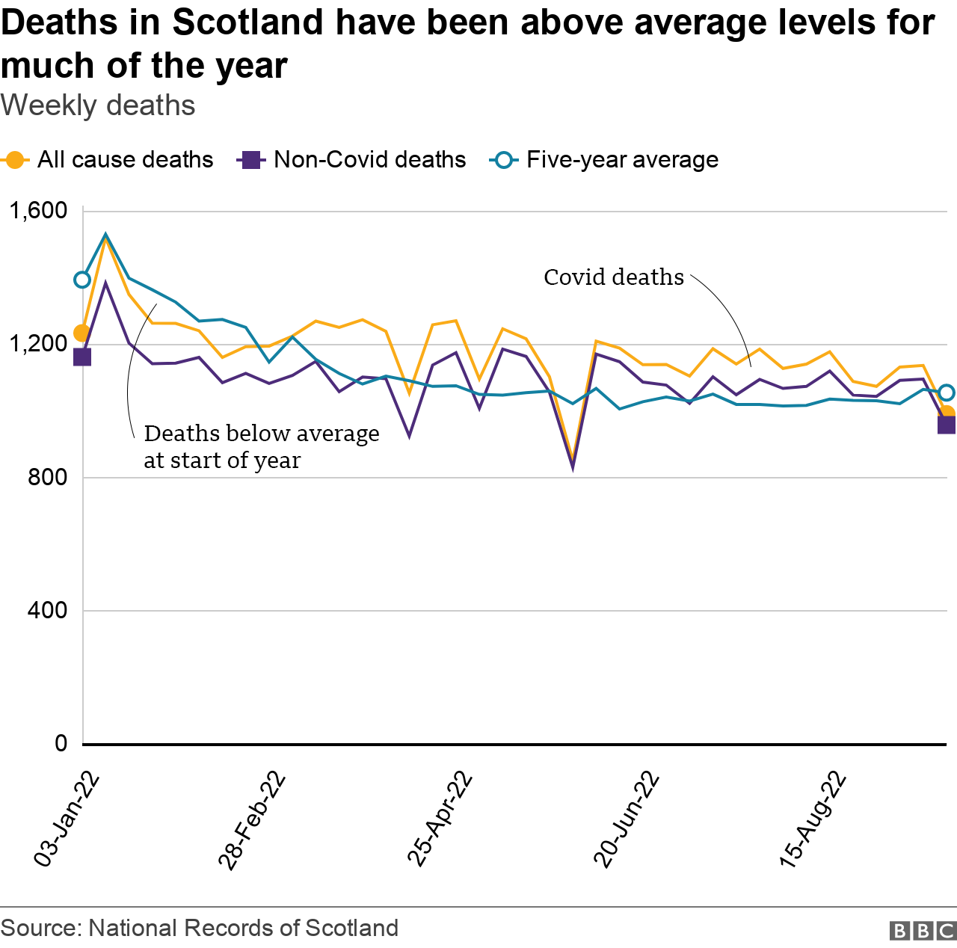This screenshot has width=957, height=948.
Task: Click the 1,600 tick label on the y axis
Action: pos(37,211)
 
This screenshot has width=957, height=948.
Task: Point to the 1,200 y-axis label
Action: pos(37,344)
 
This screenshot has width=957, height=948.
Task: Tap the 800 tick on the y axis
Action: pos(47,477)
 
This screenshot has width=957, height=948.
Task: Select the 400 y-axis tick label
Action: pos(47,610)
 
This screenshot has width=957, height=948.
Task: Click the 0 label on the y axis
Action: pos(61,743)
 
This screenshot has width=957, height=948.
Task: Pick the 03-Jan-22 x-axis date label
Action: pos(67,819)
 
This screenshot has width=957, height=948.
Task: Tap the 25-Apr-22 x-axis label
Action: pos(441,819)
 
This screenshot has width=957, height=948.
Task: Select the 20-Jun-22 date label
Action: pos(627,819)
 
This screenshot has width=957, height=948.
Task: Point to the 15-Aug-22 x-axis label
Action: pos(813,819)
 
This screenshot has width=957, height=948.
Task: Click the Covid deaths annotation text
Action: pos(613,277)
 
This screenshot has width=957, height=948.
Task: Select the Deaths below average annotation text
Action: pos(261,446)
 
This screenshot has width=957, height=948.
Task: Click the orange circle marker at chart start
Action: pos(81,333)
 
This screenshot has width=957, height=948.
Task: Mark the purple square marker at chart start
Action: pos(81,357)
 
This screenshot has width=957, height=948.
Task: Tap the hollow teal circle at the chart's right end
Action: pos(947,393)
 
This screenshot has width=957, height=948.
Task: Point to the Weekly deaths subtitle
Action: pos(98,106)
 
